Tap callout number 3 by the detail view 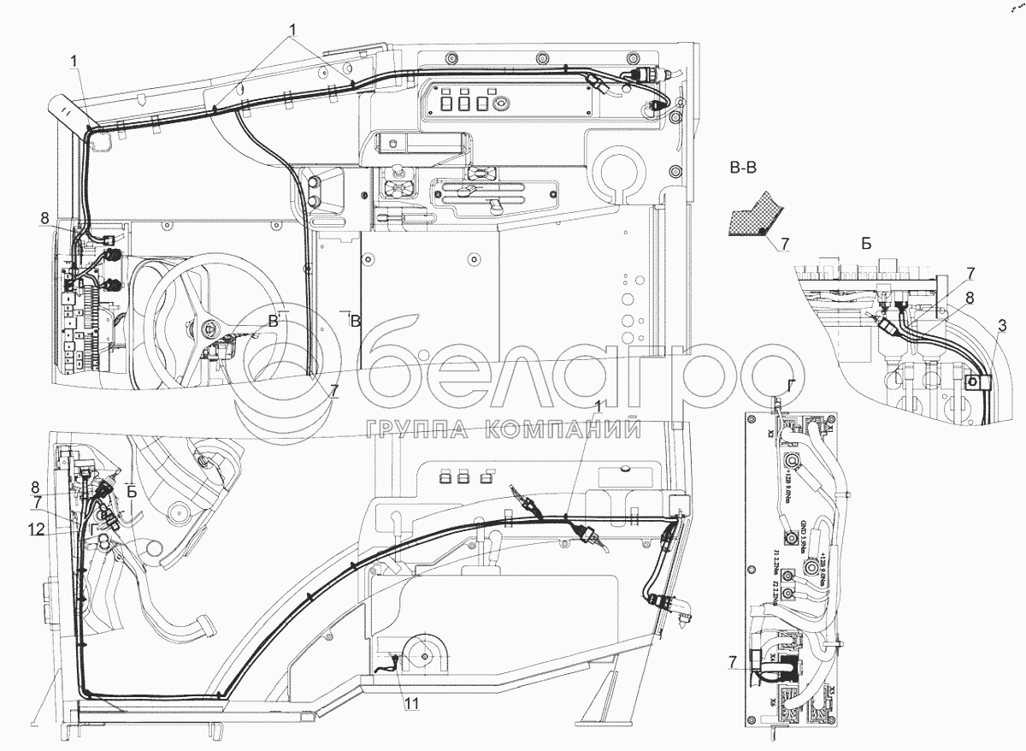1001,325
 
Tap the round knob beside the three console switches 502,100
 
